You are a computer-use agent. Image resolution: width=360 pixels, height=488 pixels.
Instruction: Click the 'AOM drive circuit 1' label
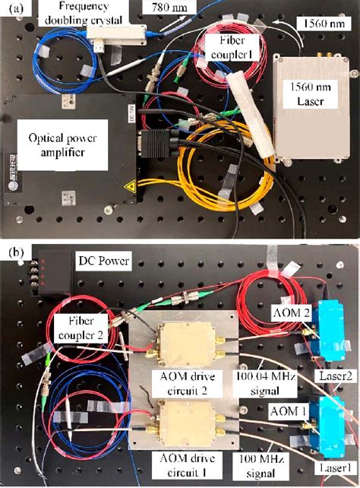(x=185, y=467)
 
